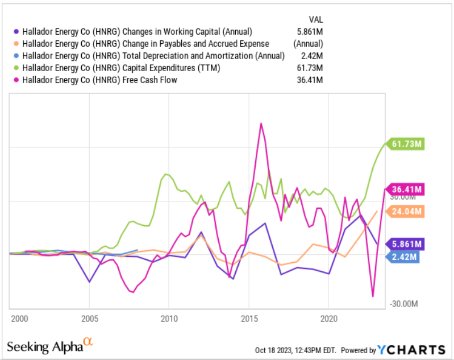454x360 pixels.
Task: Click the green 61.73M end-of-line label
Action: (x=406, y=144)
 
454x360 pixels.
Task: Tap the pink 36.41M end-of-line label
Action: (x=406, y=189)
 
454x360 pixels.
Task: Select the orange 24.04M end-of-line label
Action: (x=406, y=212)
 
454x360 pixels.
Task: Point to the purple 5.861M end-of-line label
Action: (x=406, y=244)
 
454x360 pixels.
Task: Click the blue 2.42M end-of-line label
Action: (x=404, y=256)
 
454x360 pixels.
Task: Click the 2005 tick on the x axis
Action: (x=89, y=317)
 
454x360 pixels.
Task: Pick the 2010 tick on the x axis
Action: (x=169, y=317)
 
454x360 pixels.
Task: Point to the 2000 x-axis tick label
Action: (x=19, y=317)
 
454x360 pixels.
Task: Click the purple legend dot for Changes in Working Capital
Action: (x=16, y=32)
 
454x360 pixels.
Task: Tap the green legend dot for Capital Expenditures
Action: (x=16, y=68)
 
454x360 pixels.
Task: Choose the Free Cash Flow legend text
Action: (x=99, y=80)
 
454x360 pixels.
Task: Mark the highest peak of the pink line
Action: (x=260, y=123)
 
